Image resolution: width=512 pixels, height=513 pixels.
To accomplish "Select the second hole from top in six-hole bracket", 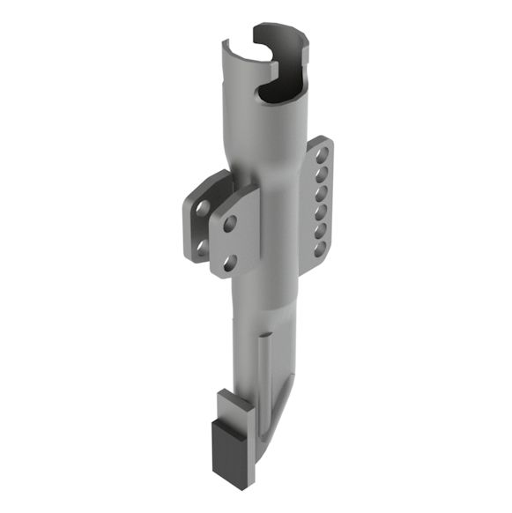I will [x=324, y=174].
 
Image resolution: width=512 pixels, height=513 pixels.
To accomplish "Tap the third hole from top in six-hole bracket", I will [x=323, y=192].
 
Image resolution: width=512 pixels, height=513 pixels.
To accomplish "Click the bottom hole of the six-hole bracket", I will [x=322, y=249].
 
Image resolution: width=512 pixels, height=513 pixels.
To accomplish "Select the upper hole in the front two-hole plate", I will [x=230, y=224].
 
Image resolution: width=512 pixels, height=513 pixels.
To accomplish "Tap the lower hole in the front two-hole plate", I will [x=228, y=260].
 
